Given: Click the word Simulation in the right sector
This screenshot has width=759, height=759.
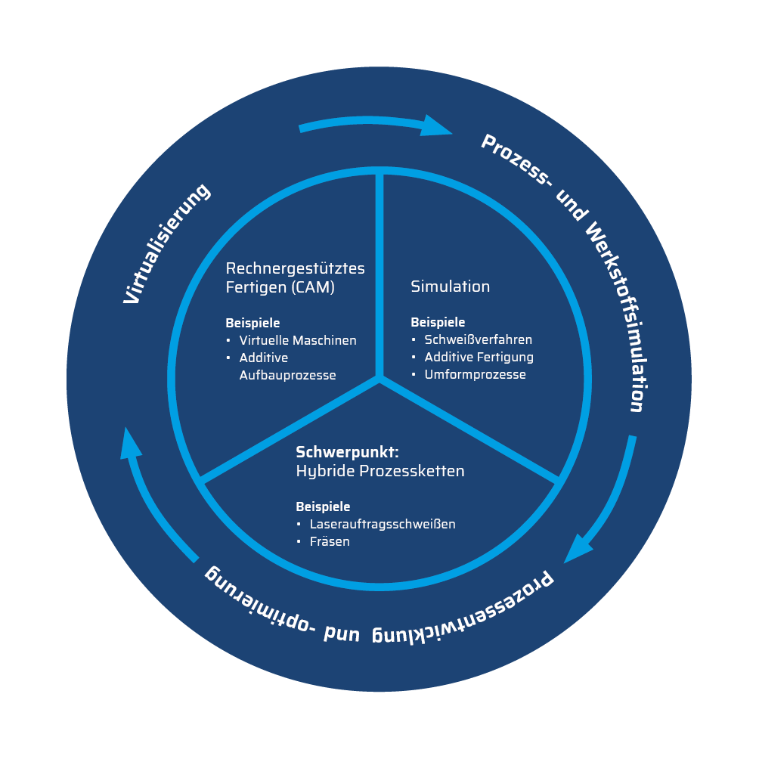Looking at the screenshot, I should pyautogui.click(x=450, y=287).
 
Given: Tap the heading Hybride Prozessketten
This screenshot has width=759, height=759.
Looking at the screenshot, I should pyautogui.click(x=379, y=471).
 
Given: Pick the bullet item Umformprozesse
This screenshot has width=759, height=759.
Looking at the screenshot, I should pyautogui.click(x=475, y=374).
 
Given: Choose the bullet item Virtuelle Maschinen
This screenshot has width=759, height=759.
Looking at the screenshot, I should pyautogui.click(x=298, y=340).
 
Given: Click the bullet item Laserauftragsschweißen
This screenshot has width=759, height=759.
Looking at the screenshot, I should pyautogui.click(x=383, y=524).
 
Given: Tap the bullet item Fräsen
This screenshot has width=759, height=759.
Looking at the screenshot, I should pyautogui.click(x=330, y=541).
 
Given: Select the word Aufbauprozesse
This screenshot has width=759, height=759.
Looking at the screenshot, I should pyautogui.click(x=287, y=375).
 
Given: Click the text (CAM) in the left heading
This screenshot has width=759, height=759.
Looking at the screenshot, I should pyautogui.click(x=311, y=287).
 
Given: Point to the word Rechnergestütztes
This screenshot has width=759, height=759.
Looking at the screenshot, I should pyautogui.click(x=295, y=268).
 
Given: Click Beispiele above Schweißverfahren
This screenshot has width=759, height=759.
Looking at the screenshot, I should pyautogui.click(x=438, y=322).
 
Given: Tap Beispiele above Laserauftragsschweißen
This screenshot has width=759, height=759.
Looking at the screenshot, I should pyautogui.click(x=323, y=507).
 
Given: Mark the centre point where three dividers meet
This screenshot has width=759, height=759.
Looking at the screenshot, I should pyautogui.click(x=379, y=379).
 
